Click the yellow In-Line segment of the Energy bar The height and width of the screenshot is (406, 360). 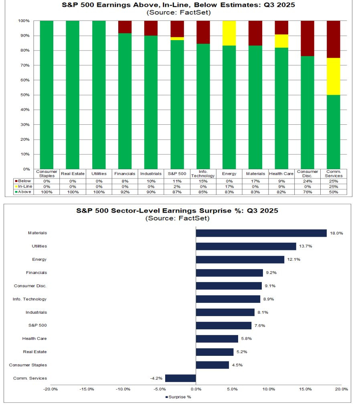229,33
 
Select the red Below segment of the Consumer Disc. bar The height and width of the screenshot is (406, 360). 307,38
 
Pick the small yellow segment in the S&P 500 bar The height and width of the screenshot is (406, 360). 177,39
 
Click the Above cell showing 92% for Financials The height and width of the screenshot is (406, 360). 125,192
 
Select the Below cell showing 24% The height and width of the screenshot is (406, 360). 307,181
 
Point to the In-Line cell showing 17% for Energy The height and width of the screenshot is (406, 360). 229,187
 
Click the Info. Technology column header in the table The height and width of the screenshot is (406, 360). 203,174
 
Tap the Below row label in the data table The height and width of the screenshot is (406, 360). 25,181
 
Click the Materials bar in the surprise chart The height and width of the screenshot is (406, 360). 261,233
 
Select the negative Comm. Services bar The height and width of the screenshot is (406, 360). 180,378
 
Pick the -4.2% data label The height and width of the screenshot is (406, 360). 156,378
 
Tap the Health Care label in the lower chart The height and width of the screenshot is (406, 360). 34,339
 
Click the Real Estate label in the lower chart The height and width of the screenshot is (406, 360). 35,352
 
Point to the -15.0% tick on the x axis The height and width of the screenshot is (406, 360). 87,389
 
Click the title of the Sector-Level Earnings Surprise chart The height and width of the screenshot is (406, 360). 178,211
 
